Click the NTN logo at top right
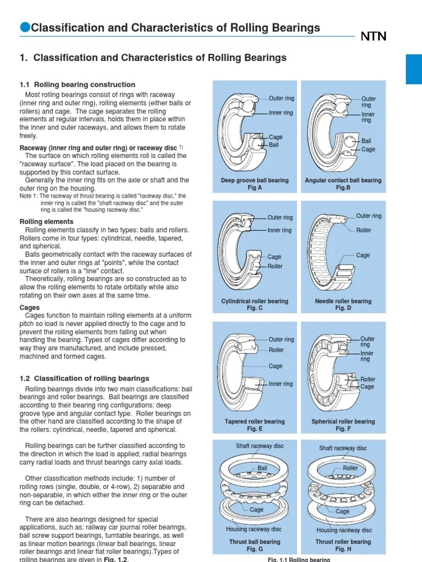coord(373,36)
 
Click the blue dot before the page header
coord(25,27)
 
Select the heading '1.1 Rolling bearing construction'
coord(77,85)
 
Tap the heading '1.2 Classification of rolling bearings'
coord(84,378)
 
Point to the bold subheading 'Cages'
coord(30,308)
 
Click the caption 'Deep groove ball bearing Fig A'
coord(247,184)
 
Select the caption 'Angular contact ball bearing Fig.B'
coord(343,184)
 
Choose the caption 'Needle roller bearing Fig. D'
coord(343,305)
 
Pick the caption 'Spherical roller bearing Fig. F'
coord(343,425)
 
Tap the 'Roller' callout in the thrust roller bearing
coord(350,468)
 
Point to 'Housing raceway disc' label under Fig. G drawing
coord(254,530)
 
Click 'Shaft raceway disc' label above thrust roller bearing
coord(343,448)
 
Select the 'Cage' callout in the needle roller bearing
coord(363,255)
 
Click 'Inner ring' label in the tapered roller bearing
coord(281,384)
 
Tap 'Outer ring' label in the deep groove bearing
coord(281,98)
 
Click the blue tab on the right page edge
coord(414,69)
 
